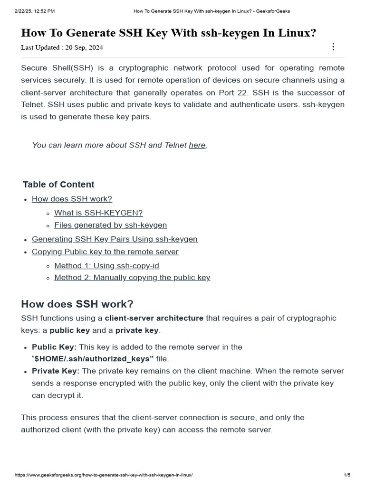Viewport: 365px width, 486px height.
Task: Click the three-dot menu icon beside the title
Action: [x=333, y=47]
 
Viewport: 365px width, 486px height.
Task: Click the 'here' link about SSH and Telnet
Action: [x=197, y=145]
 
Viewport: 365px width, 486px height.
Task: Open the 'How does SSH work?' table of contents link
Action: [x=72, y=199]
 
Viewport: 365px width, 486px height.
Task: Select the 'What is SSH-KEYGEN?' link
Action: [x=98, y=213]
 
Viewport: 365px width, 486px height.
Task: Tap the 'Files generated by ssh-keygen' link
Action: [x=110, y=225]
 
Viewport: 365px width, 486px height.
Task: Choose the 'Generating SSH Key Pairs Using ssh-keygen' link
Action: [x=115, y=239]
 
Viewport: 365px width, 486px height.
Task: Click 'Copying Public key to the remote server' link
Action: [x=105, y=252]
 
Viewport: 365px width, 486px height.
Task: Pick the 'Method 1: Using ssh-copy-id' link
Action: [x=106, y=266]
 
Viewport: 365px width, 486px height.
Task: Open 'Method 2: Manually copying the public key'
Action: [x=132, y=278]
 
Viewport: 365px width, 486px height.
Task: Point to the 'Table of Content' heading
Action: [x=58, y=185]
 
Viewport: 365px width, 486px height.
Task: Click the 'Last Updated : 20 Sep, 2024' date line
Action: [x=62, y=47]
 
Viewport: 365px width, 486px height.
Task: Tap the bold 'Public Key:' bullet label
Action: [x=54, y=347]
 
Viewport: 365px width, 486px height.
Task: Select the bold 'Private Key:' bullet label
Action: [x=56, y=371]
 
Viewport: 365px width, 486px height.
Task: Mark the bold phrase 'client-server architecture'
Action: [x=154, y=318]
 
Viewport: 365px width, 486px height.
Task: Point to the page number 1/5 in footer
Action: [x=347, y=475]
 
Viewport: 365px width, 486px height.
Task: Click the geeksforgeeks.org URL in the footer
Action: [x=104, y=475]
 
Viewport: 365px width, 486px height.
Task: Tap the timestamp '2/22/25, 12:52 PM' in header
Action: [x=35, y=11]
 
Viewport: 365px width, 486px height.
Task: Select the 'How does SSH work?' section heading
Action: [x=77, y=304]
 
